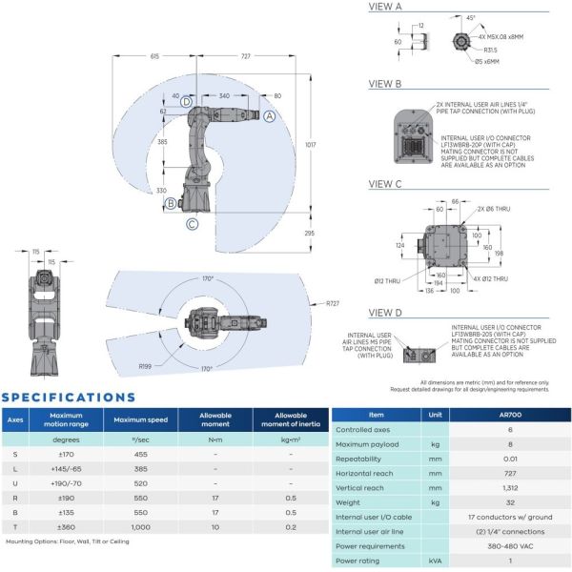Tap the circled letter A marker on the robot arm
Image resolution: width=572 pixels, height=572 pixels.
[270, 115]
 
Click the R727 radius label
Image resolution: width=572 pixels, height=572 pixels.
[333, 303]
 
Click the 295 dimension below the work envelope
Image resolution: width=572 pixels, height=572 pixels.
[309, 232]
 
